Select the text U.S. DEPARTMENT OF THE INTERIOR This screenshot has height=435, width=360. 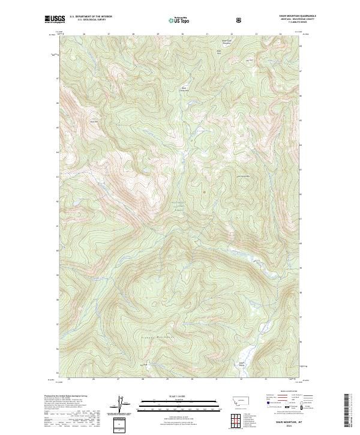[90, 17]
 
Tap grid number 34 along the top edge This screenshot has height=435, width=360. [280, 34]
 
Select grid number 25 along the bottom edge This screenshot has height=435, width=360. [69, 379]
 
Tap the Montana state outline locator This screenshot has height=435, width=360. [238, 401]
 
